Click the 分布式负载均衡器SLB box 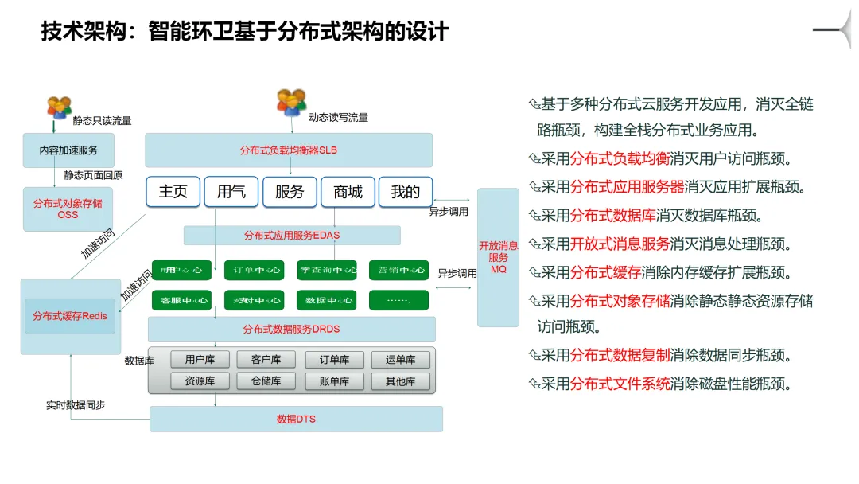(x=288, y=150)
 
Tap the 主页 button (x=173, y=192)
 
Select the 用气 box (x=231, y=192)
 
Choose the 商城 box (x=348, y=192)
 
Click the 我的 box (x=405, y=192)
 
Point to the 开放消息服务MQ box (x=498, y=257)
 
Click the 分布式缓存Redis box (x=70, y=316)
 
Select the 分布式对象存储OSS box (x=68, y=209)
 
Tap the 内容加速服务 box (x=68, y=150)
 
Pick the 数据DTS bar (x=296, y=419)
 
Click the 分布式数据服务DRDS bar (x=291, y=329)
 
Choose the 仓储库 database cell (x=266, y=381)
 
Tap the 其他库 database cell (x=401, y=381)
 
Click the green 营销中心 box (x=398, y=270)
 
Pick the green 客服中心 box (x=181, y=300)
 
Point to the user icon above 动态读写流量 (x=291, y=102)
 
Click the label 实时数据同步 (x=76, y=405)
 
